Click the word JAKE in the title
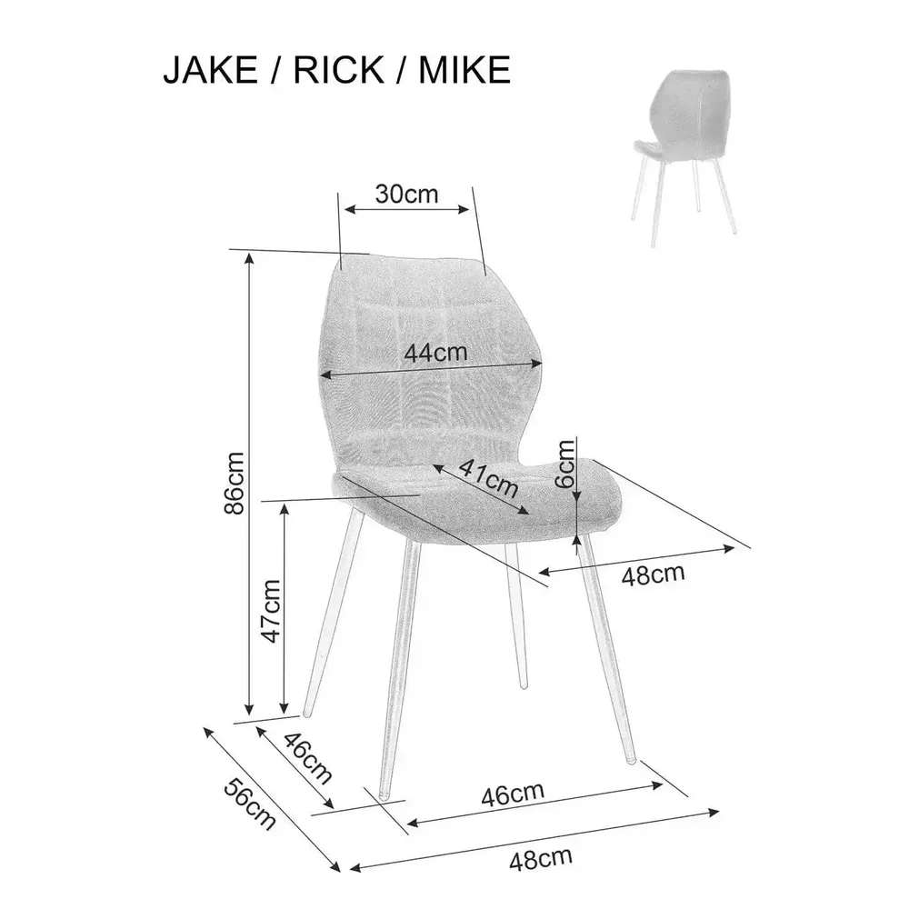coord(210,70)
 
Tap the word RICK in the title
coord(338,70)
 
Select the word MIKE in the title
coord(464,70)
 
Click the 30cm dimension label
coord(406,195)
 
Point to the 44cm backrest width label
coord(435,353)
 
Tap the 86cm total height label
coord(235,483)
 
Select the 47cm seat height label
coord(270,611)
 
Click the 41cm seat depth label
coord(489,479)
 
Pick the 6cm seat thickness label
coord(565,463)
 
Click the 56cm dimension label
coord(250,804)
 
